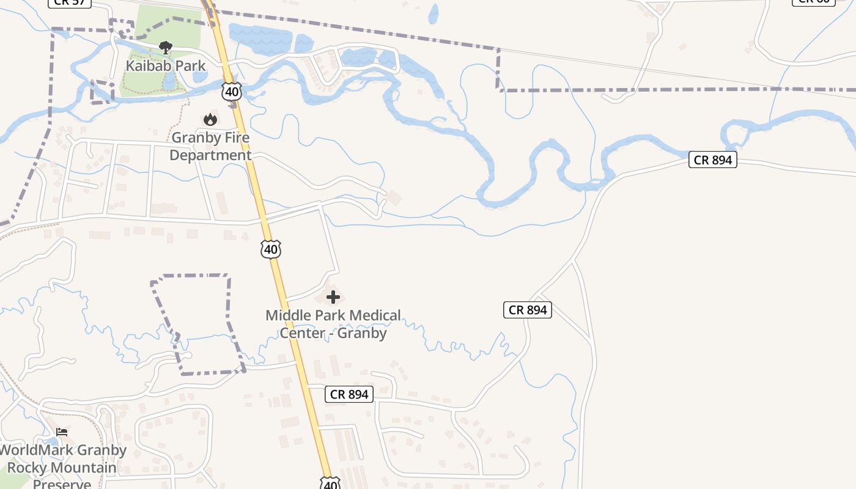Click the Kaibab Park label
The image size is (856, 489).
point(166,65)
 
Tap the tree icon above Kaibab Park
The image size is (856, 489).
point(165,47)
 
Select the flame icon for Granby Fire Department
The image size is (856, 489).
point(210,119)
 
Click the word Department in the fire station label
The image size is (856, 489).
point(210,155)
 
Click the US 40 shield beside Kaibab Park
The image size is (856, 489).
point(232,92)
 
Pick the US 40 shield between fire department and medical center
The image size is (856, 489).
point(271,249)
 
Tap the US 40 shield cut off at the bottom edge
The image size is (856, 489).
point(330,483)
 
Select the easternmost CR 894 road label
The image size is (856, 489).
point(713,160)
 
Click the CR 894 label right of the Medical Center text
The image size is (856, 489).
point(528,310)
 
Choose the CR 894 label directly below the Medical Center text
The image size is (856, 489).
point(349,394)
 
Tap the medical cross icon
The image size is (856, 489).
point(333,297)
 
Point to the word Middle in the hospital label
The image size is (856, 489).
point(287,315)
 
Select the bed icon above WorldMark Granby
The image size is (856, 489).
point(61,432)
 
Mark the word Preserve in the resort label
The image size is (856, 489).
point(61,484)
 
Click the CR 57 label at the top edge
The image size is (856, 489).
point(69,2)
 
